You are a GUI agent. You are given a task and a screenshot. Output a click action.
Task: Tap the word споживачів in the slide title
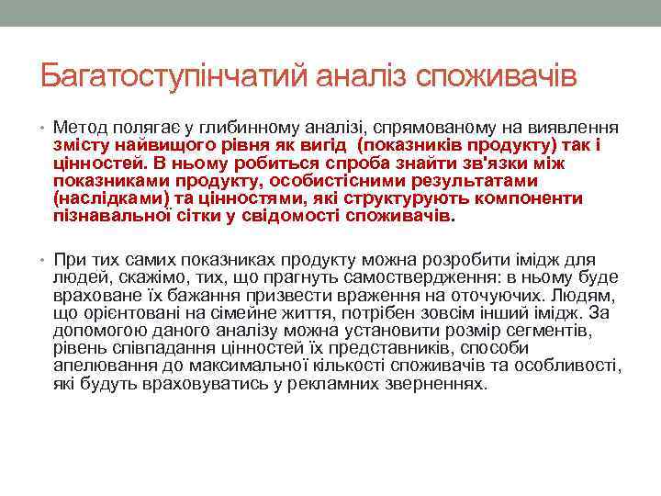tap(497, 75)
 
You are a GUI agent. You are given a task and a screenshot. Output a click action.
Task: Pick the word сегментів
tap(562, 330)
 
